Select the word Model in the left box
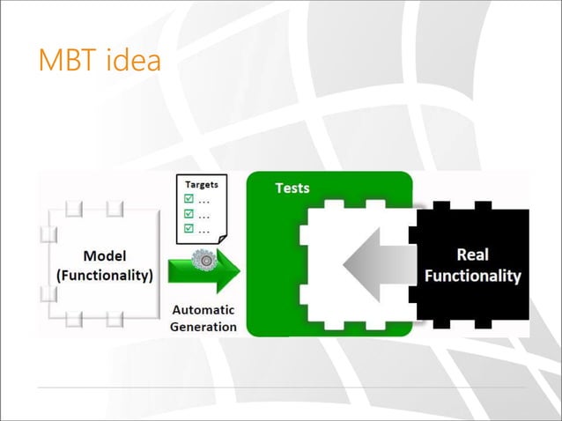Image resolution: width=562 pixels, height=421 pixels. click(104, 256)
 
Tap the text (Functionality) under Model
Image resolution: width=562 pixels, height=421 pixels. click(104, 275)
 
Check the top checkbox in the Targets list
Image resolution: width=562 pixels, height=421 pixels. click(187, 199)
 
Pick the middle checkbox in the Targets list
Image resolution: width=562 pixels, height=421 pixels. click(187, 214)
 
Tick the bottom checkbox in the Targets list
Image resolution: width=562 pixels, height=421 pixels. click(187, 229)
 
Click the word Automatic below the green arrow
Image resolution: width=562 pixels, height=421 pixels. click(203, 310)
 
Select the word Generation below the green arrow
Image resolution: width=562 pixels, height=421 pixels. click(203, 326)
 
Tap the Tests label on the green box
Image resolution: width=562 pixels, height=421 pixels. click(292, 188)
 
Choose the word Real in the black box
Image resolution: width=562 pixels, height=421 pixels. click(472, 256)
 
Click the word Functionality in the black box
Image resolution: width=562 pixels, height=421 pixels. click(472, 276)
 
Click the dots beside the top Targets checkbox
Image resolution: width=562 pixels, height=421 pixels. click(204, 201)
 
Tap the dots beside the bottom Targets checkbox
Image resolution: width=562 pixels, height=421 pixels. click(204, 231)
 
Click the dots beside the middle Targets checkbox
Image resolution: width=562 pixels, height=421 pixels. click(204, 216)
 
